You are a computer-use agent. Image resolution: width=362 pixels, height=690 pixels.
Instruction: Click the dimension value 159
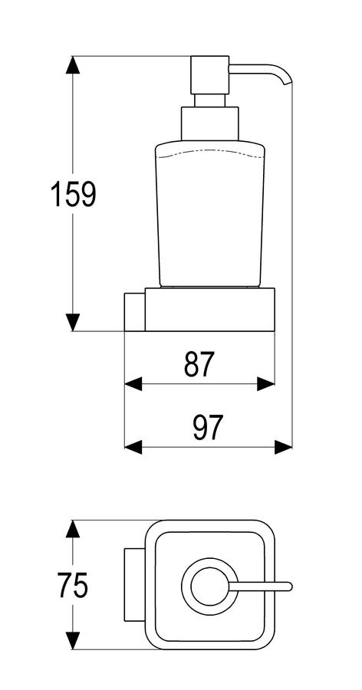[73, 194]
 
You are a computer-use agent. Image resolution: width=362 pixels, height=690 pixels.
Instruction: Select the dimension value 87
[199, 364]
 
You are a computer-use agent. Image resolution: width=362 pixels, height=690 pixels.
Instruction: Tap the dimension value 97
[209, 428]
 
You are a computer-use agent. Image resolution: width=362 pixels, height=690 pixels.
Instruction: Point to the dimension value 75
[73, 585]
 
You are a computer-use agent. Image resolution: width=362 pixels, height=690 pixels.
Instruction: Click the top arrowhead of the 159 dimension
[73, 64]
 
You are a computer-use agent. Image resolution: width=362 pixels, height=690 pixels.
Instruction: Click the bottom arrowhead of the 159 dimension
[73, 322]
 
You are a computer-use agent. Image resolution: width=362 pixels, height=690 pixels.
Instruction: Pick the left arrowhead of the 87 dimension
[133, 384]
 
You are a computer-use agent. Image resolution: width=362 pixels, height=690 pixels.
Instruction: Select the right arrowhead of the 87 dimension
[265, 384]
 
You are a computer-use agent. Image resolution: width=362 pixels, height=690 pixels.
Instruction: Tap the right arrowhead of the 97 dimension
[283, 447]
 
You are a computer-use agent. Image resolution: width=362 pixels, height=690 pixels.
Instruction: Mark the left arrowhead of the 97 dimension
[133, 447]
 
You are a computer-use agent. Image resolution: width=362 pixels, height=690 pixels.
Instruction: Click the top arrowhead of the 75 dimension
[73, 529]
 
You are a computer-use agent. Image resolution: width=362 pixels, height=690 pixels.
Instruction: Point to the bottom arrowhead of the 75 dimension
[73, 640]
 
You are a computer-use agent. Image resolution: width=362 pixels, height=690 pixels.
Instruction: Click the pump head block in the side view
[209, 75]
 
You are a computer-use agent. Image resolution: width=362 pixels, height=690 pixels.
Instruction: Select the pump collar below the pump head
[210, 123]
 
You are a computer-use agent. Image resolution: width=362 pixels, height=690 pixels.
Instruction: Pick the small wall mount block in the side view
[135, 311]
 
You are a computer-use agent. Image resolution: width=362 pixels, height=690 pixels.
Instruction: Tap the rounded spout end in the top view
[288, 586]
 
